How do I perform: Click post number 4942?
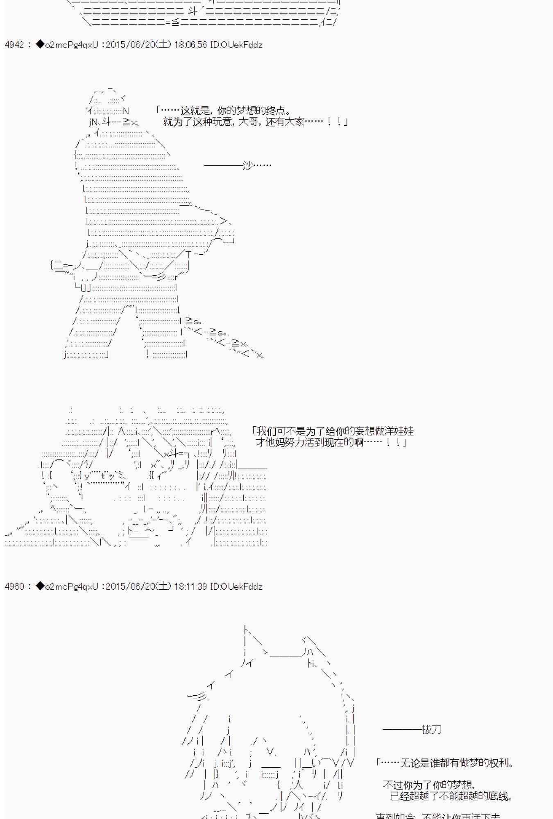(14, 45)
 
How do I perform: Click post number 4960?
(14, 586)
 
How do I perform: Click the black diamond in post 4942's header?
(40, 44)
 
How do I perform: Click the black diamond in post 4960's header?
(40, 586)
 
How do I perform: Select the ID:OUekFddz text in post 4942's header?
(236, 45)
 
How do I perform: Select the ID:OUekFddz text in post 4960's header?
(236, 586)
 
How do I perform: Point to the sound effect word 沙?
(248, 165)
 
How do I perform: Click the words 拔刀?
(432, 729)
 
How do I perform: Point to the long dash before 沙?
(223, 165)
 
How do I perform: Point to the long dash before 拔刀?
(402, 729)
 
